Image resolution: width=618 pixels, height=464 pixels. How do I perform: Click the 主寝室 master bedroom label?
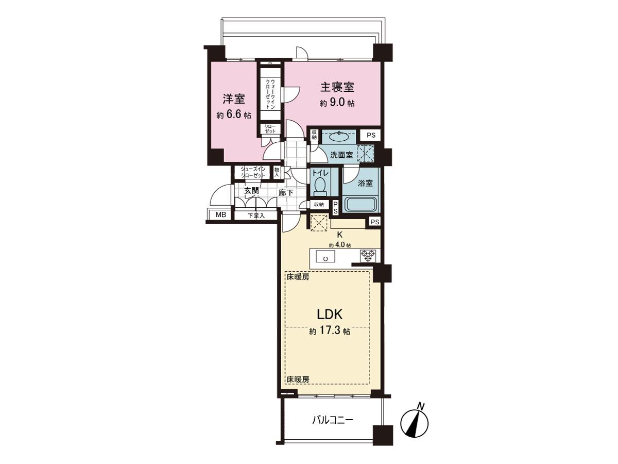click(x=337, y=87)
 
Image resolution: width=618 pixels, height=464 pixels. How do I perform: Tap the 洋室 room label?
click(x=234, y=99)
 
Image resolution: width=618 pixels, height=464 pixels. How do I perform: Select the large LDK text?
click(x=330, y=314)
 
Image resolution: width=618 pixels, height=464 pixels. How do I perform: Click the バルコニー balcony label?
click(x=333, y=421)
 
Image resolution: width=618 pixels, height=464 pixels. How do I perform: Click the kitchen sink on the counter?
click(x=325, y=256)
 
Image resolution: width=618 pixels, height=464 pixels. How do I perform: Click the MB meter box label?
click(x=221, y=215)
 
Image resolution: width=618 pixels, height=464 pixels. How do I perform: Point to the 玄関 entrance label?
click(x=251, y=191)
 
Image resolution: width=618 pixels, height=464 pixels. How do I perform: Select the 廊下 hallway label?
click(x=286, y=193)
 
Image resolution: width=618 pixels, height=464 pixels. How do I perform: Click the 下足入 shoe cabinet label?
click(x=256, y=216)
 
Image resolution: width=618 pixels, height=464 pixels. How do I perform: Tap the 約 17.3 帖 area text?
click(x=330, y=331)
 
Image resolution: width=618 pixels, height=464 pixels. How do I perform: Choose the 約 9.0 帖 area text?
click(x=337, y=103)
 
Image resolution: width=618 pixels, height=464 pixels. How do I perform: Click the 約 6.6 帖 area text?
click(x=234, y=115)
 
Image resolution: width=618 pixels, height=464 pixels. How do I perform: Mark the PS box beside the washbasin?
click(x=371, y=135)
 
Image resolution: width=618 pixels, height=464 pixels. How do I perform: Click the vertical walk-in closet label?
click(x=270, y=94)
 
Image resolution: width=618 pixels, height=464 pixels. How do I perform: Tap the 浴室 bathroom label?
click(x=365, y=183)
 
